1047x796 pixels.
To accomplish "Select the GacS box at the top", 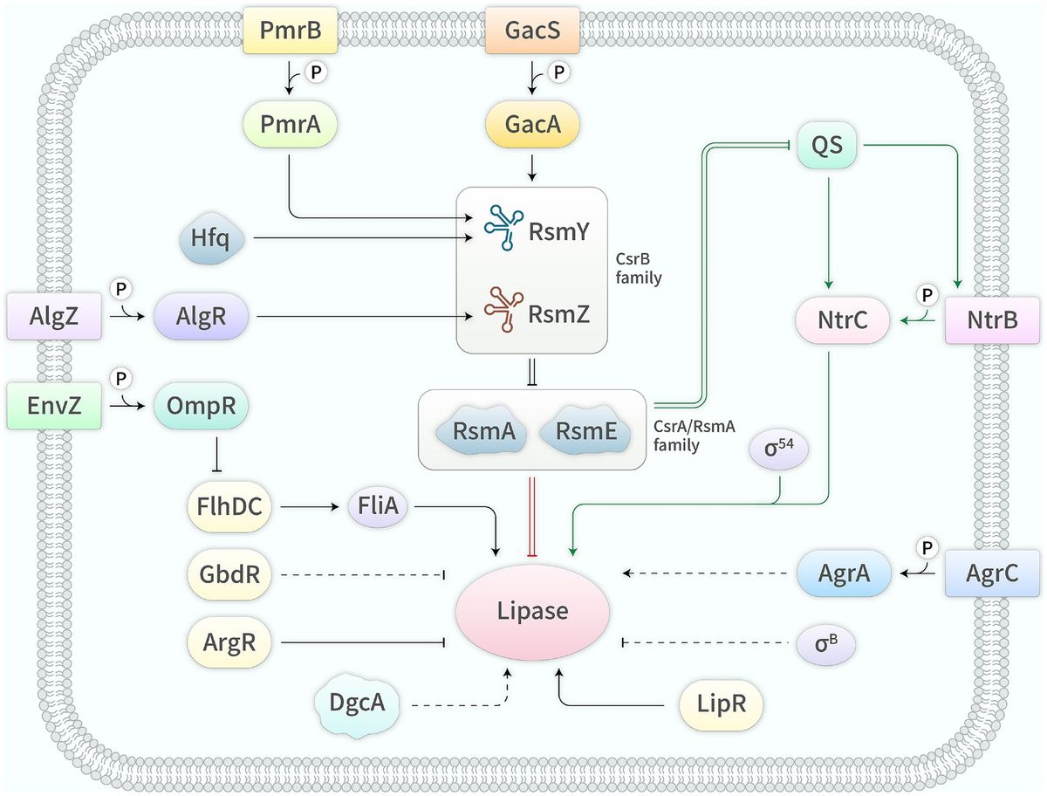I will pyautogui.click(x=533, y=33).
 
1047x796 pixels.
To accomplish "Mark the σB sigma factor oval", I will pyautogui.click(x=825, y=645).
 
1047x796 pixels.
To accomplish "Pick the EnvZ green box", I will pyautogui.click(x=54, y=406).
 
